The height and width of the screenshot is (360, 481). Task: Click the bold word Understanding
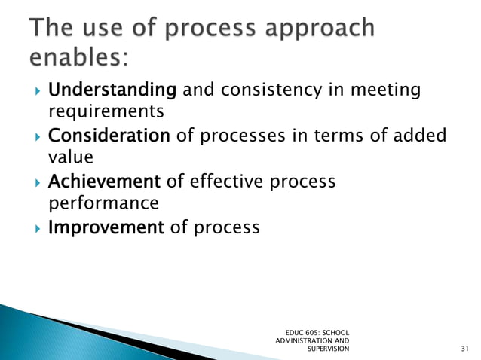pos(112,91)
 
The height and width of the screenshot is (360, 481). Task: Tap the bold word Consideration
pos(109,136)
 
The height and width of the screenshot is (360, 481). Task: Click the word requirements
pos(106,113)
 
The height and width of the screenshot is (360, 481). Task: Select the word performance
pos(103,203)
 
